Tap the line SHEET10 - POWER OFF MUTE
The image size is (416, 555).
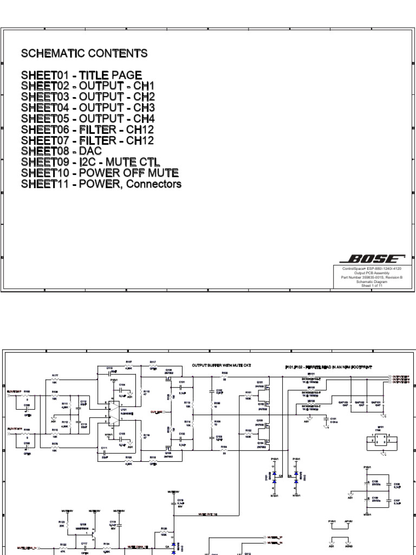point(100,173)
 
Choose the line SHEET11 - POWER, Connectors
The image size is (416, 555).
point(101,184)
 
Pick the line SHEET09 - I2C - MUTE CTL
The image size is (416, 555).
point(87,162)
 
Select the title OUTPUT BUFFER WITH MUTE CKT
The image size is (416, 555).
point(222,365)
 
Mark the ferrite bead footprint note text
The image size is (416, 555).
point(323,367)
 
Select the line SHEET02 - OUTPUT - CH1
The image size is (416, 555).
point(88,86)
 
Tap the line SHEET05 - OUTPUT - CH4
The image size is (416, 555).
point(88,118)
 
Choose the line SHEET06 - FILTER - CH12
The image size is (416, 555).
point(88,129)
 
